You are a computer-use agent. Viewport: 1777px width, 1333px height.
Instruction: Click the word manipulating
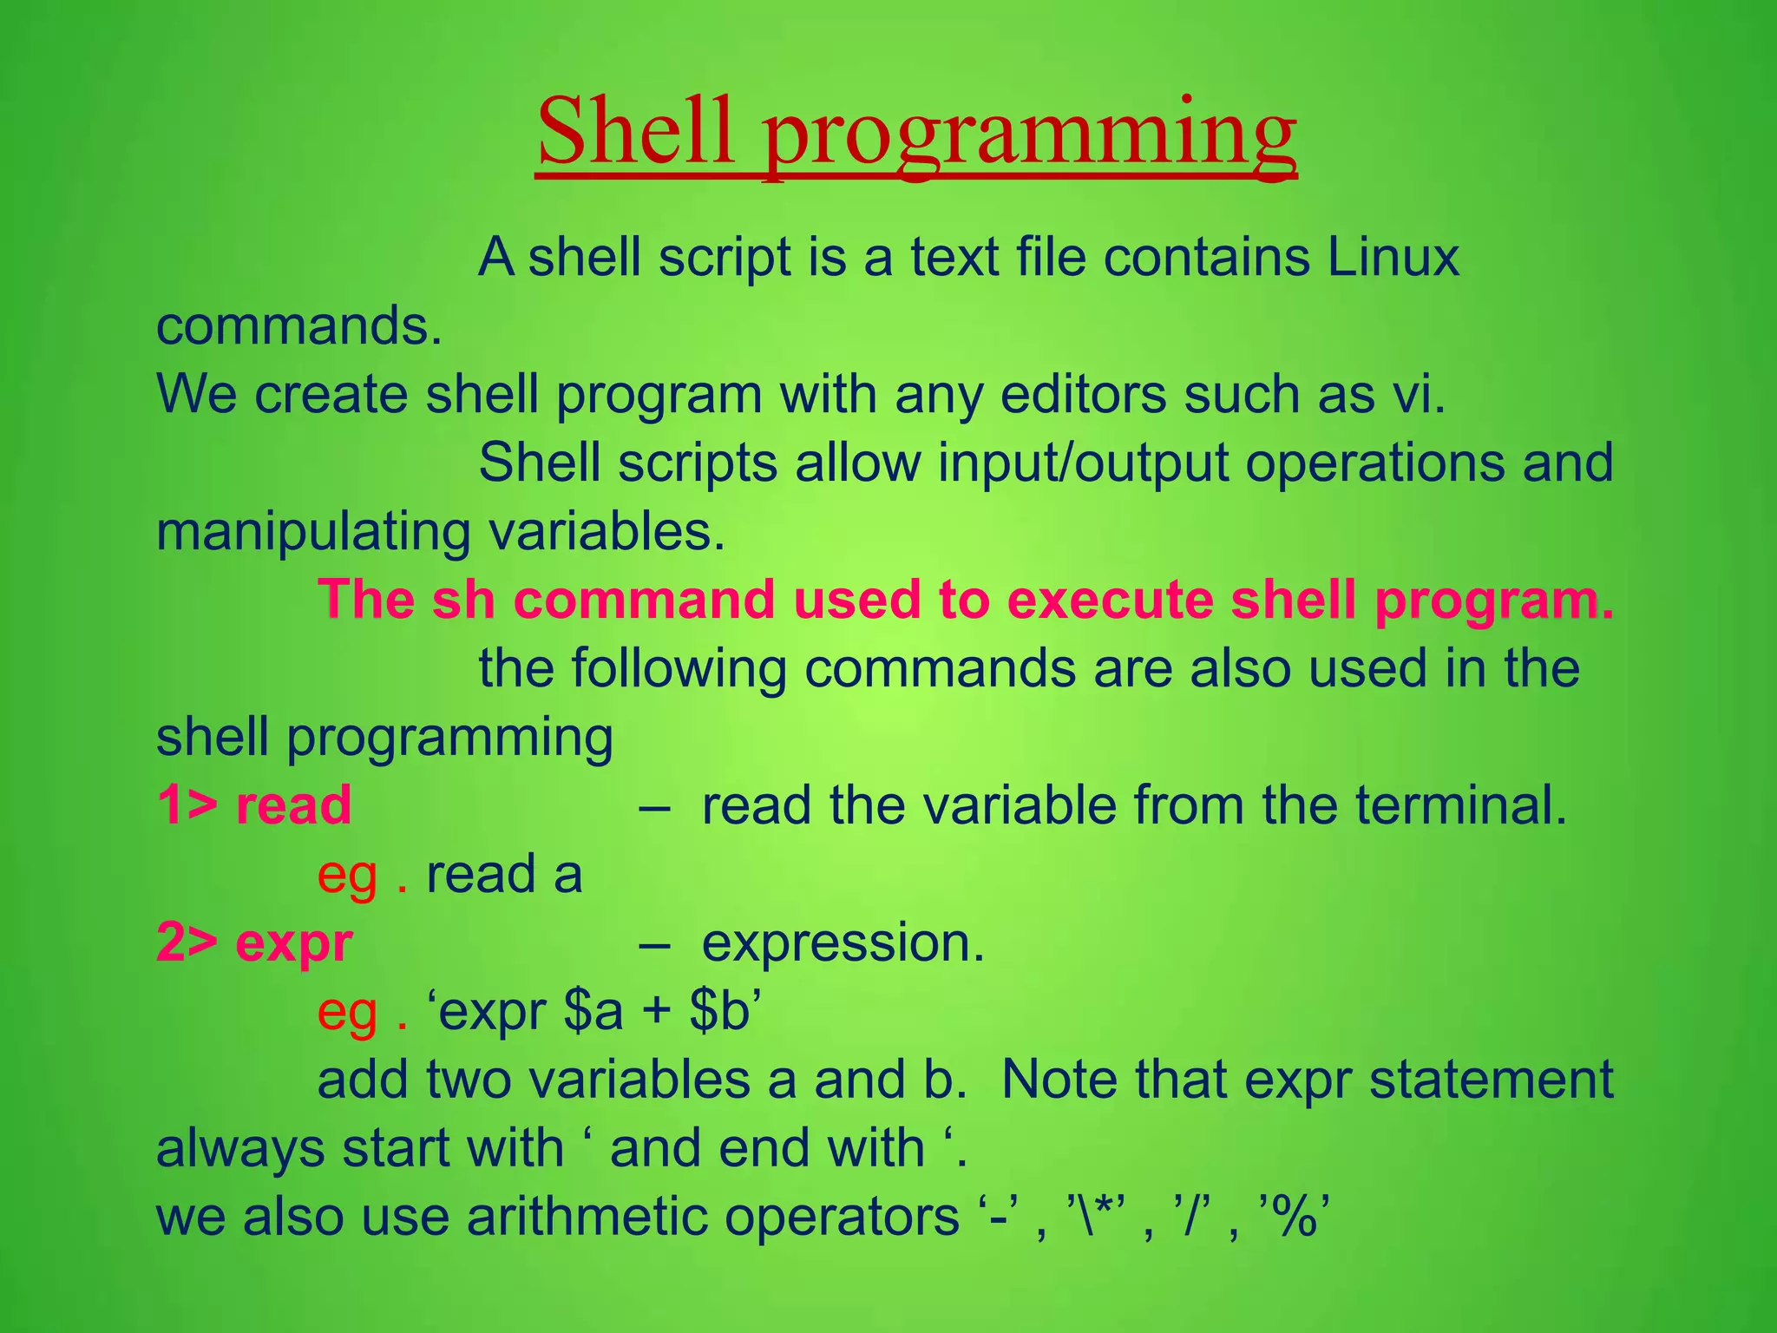click(313, 531)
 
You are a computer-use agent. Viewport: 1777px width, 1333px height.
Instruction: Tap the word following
click(678, 668)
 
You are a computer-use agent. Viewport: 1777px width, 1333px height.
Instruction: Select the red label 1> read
click(254, 804)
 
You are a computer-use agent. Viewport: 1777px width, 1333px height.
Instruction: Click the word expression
click(843, 943)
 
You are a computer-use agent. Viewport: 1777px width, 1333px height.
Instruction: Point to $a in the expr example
click(593, 1011)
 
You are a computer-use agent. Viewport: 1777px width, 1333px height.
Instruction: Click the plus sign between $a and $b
click(657, 1013)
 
